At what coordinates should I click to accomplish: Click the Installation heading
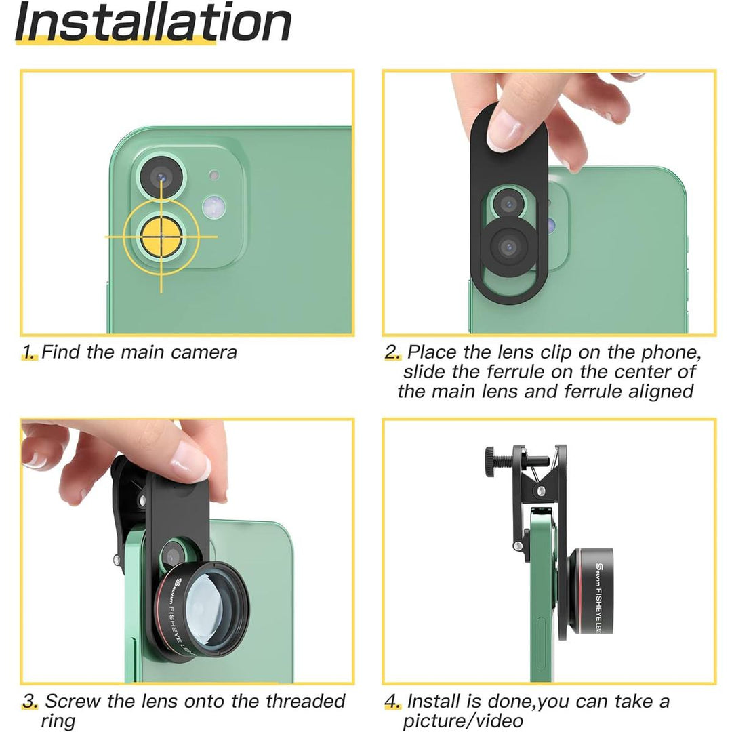pyautogui.click(x=153, y=23)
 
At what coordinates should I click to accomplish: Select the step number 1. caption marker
pyautogui.click(x=28, y=352)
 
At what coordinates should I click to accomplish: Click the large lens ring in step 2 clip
pyautogui.click(x=510, y=247)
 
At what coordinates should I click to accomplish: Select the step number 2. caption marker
pyautogui.click(x=393, y=352)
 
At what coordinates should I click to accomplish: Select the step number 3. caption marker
pyautogui.click(x=30, y=701)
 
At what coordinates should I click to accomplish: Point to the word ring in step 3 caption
pyautogui.click(x=58, y=720)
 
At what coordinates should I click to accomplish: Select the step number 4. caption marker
pyautogui.click(x=393, y=701)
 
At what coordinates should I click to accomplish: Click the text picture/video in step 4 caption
pyautogui.click(x=462, y=720)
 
